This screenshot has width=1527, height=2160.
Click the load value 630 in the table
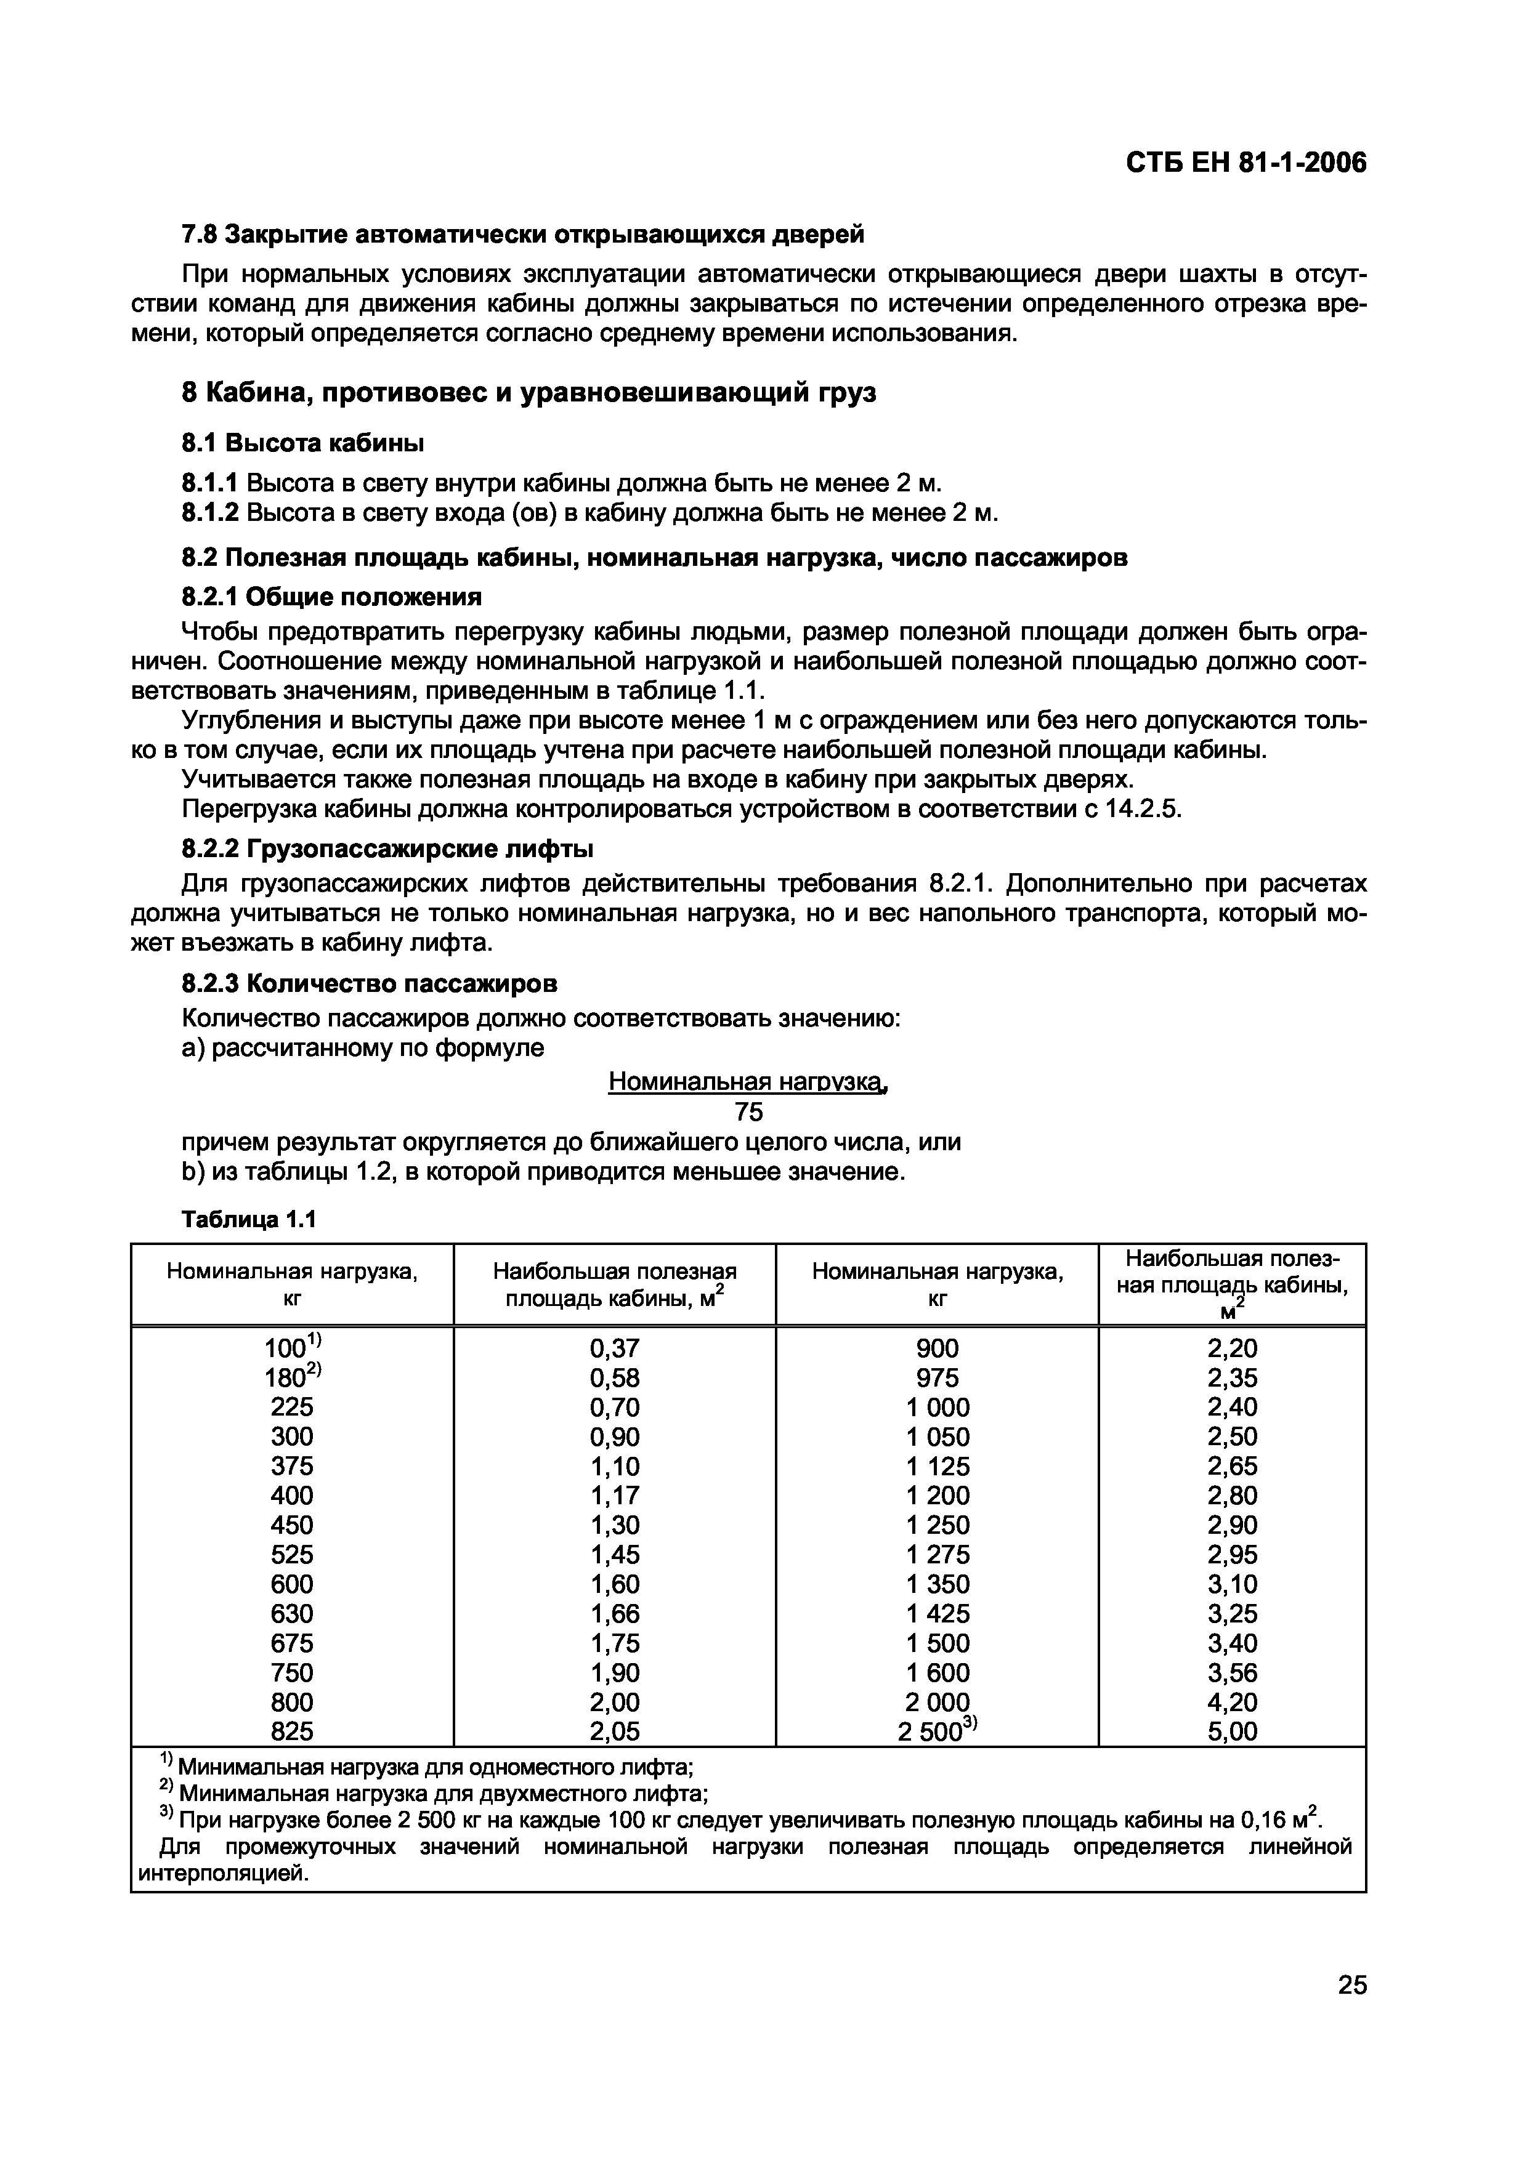[x=291, y=1613]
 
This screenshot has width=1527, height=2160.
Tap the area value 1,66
[x=614, y=1613]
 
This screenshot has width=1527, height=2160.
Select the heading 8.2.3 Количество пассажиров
[x=369, y=983]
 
